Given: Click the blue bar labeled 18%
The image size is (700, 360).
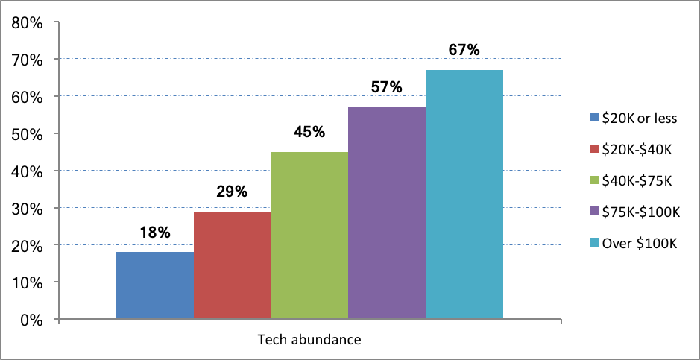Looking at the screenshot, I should click(x=155, y=286).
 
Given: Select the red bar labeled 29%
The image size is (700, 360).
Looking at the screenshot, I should click(x=233, y=266).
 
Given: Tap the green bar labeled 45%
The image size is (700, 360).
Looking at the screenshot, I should click(x=310, y=236).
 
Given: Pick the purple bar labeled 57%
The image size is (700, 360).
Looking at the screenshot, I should click(x=387, y=214).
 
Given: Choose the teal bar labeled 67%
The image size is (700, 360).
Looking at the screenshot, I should click(x=464, y=195).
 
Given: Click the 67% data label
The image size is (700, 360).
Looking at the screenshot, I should click(x=464, y=50).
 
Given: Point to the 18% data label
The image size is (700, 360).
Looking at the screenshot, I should click(x=155, y=232).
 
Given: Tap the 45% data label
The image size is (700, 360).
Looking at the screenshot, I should click(x=309, y=132).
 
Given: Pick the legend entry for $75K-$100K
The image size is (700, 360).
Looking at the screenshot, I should click(x=634, y=212).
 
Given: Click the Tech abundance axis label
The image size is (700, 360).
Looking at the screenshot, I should click(x=309, y=340).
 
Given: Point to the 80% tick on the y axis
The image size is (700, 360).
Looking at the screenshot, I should click(x=27, y=22).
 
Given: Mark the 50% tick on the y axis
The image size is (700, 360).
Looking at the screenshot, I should click(x=27, y=134).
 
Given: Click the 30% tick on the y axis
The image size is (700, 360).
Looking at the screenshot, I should click(x=27, y=209).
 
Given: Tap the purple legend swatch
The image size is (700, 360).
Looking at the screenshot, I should click(x=594, y=212).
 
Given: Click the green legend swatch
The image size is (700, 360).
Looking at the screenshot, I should click(x=594, y=180).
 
